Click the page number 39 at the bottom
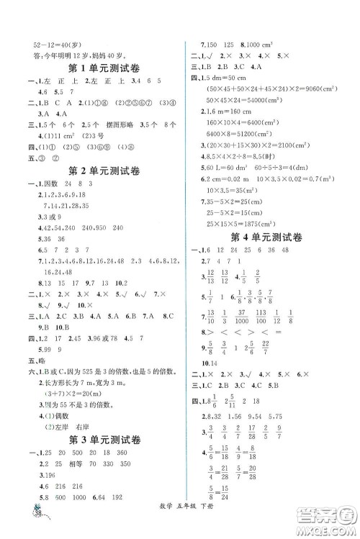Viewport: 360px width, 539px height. click(x=33, y=521)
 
